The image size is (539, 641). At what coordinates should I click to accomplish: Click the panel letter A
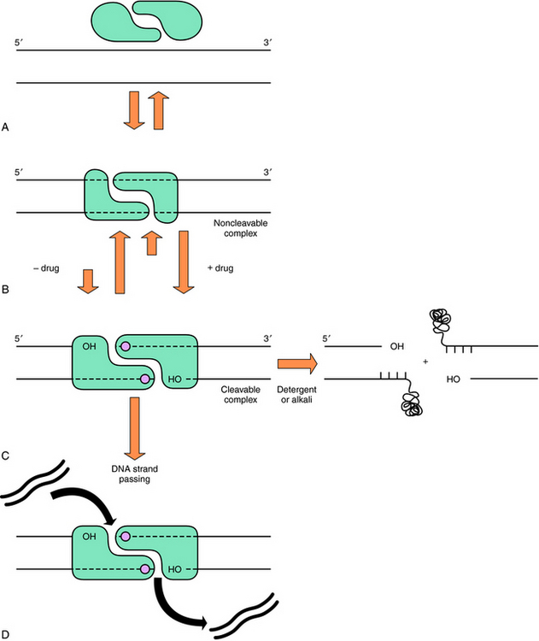[x=6, y=127]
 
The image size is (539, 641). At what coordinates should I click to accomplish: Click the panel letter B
[x=6, y=291]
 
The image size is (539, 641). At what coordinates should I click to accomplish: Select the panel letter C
[x=6, y=456]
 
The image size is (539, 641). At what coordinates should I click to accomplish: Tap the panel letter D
[x=6, y=633]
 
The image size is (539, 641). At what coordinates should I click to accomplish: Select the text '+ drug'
[x=221, y=268]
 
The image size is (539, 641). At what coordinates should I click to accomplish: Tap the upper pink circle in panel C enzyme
[x=126, y=347]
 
